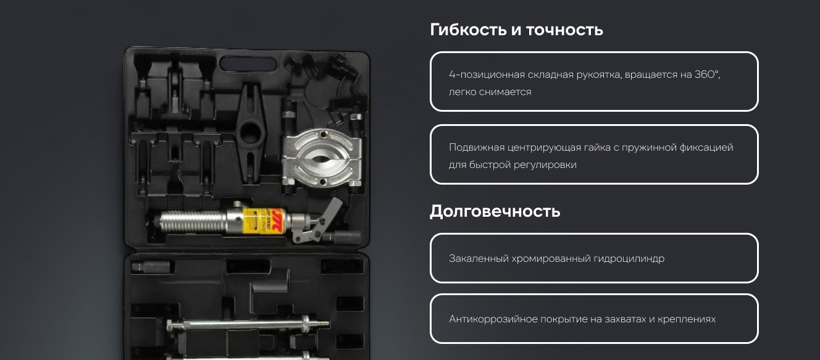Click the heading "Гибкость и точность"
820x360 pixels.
click(516, 30)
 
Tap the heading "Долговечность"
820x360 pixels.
click(495, 211)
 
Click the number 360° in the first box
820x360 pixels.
click(707, 75)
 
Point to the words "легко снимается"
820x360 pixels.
click(490, 92)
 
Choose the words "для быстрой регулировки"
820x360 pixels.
click(512, 165)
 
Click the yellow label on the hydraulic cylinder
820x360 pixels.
click(263, 221)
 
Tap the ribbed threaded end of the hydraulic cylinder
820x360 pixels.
click(192, 222)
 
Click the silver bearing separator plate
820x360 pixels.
click(322, 157)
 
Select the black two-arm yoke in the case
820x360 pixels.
click(251, 133)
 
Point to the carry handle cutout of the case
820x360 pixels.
click(248, 64)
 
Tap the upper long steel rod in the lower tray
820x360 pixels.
click(248, 324)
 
